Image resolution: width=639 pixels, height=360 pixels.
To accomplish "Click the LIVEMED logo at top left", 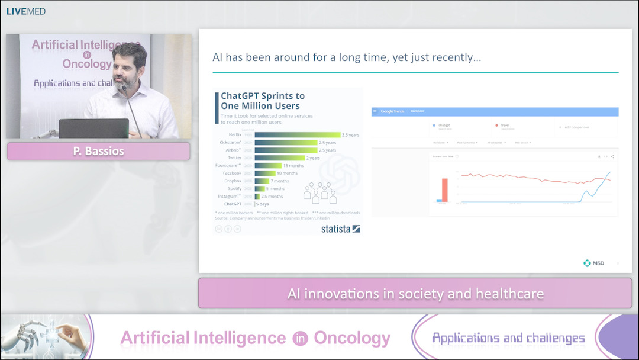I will coord(25,11).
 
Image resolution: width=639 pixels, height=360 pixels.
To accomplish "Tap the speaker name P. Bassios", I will coord(98,152).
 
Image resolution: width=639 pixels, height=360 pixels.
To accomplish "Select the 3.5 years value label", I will coord(350,135).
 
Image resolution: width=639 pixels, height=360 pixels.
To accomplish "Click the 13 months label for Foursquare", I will coord(293,166).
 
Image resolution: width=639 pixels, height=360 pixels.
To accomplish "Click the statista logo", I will coord(340,229).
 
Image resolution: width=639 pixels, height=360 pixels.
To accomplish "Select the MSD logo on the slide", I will coord(593,263).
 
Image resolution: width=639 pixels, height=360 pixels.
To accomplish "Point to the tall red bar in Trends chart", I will coord(444,190).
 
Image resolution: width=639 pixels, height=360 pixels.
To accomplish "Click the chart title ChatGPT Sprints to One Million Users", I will coord(263,101).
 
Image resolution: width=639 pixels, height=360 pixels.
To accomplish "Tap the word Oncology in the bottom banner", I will coord(351,338).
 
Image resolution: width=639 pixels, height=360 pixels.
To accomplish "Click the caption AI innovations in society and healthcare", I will coord(415,294).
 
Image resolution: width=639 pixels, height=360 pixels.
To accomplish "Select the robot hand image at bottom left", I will coord(44,336).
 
